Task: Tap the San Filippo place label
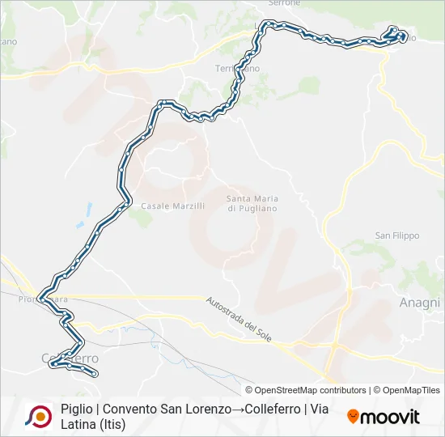pos(396,235)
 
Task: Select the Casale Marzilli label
pos(173,206)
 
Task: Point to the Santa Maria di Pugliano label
pos(252,203)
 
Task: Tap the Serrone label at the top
pos(284,3)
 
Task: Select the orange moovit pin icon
pos(353,416)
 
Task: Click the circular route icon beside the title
pos(38,416)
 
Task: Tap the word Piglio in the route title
pos(75,409)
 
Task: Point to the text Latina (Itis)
pos(93,424)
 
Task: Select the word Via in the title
pos(318,409)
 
